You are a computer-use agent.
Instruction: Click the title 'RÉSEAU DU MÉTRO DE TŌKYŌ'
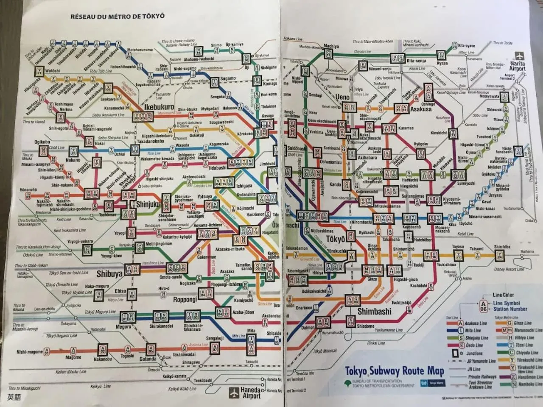(118, 17)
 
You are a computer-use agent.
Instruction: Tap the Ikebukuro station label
(159, 107)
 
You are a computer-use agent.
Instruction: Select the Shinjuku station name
(148, 204)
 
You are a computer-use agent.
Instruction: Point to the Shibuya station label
(109, 274)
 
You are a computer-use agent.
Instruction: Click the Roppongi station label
(185, 299)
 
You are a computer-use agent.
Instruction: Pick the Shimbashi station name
(374, 312)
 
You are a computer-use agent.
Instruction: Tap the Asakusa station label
(420, 109)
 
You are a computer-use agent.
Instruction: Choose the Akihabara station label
(367, 157)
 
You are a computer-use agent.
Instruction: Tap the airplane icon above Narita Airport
(518, 56)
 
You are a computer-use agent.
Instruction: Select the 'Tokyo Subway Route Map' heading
(394, 371)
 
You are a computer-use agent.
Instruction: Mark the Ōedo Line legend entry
(474, 346)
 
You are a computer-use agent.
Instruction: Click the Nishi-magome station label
(29, 352)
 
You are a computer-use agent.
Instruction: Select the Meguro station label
(123, 327)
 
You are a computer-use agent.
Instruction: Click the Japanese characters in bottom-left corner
(14, 398)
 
